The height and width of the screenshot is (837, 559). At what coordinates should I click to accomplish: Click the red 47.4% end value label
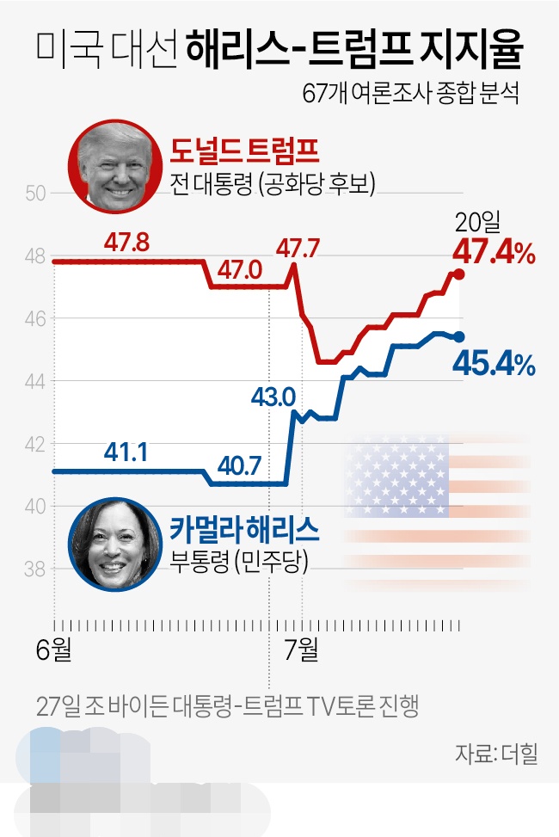pyautogui.click(x=494, y=253)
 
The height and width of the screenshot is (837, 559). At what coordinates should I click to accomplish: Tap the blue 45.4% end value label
pyautogui.click(x=494, y=366)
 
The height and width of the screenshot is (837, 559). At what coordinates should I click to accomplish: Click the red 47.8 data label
pyautogui.click(x=126, y=242)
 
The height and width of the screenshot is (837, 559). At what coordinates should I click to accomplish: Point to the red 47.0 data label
pyautogui.click(x=239, y=270)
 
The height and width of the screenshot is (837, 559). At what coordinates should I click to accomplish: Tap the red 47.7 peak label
pyautogui.click(x=298, y=249)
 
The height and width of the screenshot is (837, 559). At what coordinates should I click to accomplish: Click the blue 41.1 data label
pyautogui.click(x=126, y=451)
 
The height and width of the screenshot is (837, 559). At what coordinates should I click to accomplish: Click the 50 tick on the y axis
pyautogui.click(x=34, y=193)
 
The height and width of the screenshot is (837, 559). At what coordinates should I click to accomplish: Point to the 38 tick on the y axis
pyautogui.click(x=34, y=569)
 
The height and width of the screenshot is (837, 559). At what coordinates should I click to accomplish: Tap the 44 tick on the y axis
pyautogui.click(x=34, y=381)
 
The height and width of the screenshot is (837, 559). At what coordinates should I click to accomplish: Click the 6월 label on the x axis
pyautogui.click(x=54, y=649)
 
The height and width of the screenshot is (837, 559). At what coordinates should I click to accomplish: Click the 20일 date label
pyautogui.click(x=477, y=224)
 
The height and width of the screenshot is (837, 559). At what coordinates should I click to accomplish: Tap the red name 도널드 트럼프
pyautogui.click(x=245, y=152)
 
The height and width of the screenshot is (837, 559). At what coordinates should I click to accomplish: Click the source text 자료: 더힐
pyautogui.click(x=496, y=754)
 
